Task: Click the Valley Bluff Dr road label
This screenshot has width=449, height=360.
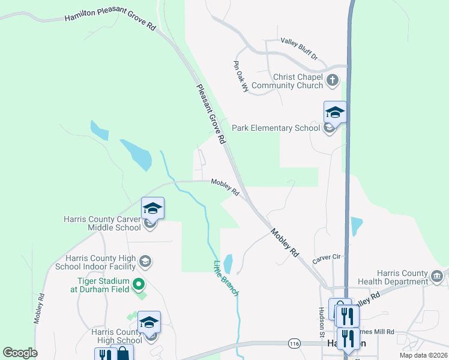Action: (x=299, y=49)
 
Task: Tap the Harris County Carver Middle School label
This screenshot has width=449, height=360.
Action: (x=102, y=223)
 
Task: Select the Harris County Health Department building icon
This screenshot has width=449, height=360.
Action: (x=437, y=276)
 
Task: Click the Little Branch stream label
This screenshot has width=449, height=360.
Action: (x=227, y=278)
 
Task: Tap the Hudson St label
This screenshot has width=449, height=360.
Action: (x=322, y=322)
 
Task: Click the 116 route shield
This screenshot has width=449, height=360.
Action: (x=294, y=344)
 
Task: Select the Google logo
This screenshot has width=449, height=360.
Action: (x=20, y=353)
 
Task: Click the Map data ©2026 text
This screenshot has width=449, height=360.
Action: (x=424, y=355)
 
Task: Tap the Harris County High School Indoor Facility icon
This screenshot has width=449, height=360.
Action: (x=145, y=262)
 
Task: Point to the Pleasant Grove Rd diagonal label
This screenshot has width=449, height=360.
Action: (x=211, y=113)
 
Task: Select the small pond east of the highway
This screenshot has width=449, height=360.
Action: (x=356, y=226)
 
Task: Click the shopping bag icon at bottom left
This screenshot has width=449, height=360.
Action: (x=122, y=354)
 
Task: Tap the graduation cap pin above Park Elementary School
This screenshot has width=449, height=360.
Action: (x=335, y=112)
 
